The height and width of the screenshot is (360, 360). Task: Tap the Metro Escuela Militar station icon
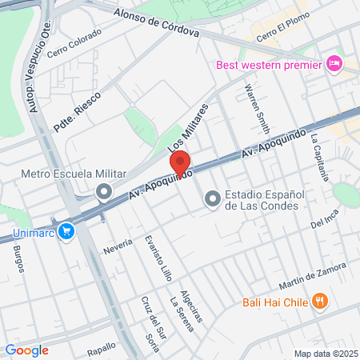pos(103,191)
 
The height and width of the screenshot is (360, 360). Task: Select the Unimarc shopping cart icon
pos(66,233)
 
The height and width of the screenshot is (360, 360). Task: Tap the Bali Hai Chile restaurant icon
pos(320,302)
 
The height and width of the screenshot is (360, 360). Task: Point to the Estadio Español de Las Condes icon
pos(212,198)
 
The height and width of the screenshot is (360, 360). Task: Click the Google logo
pos(26,350)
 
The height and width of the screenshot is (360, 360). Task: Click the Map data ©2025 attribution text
pos(325,354)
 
